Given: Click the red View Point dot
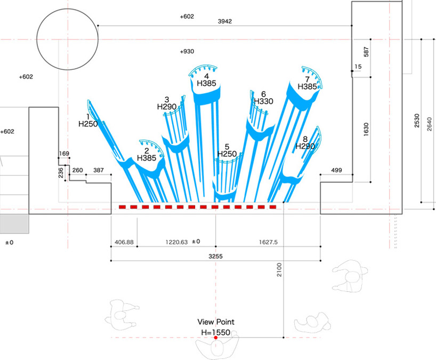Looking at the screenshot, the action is [x=216, y=338].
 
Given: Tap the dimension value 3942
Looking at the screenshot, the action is [x=225, y=21].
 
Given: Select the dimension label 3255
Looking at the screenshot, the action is [x=215, y=256].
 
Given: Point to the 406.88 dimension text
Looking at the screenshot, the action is [x=124, y=242].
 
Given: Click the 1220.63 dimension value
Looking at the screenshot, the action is [x=176, y=242].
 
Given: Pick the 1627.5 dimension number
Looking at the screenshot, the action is [x=268, y=242].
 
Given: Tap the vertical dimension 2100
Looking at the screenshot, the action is [x=279, y=269].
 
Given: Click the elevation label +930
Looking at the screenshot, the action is [x=187, y=52].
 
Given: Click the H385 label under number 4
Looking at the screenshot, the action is [x=206, y=83].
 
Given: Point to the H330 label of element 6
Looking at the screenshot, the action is [x=264, y=101].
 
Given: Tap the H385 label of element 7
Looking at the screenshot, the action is [x=307, y=87].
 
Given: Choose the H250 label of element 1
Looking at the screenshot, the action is [x=88, y=124].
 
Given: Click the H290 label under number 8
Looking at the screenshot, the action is [x=305, y=146].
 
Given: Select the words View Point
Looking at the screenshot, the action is [x=216, y=322].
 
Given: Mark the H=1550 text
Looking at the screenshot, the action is [x=216, y=332].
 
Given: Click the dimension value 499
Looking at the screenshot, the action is [x=336, y=170].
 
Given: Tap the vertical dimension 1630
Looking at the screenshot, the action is [x=366, y=130].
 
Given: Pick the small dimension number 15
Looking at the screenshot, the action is [x=358, y=67].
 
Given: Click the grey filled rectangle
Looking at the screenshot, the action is [x=14, y=223].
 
